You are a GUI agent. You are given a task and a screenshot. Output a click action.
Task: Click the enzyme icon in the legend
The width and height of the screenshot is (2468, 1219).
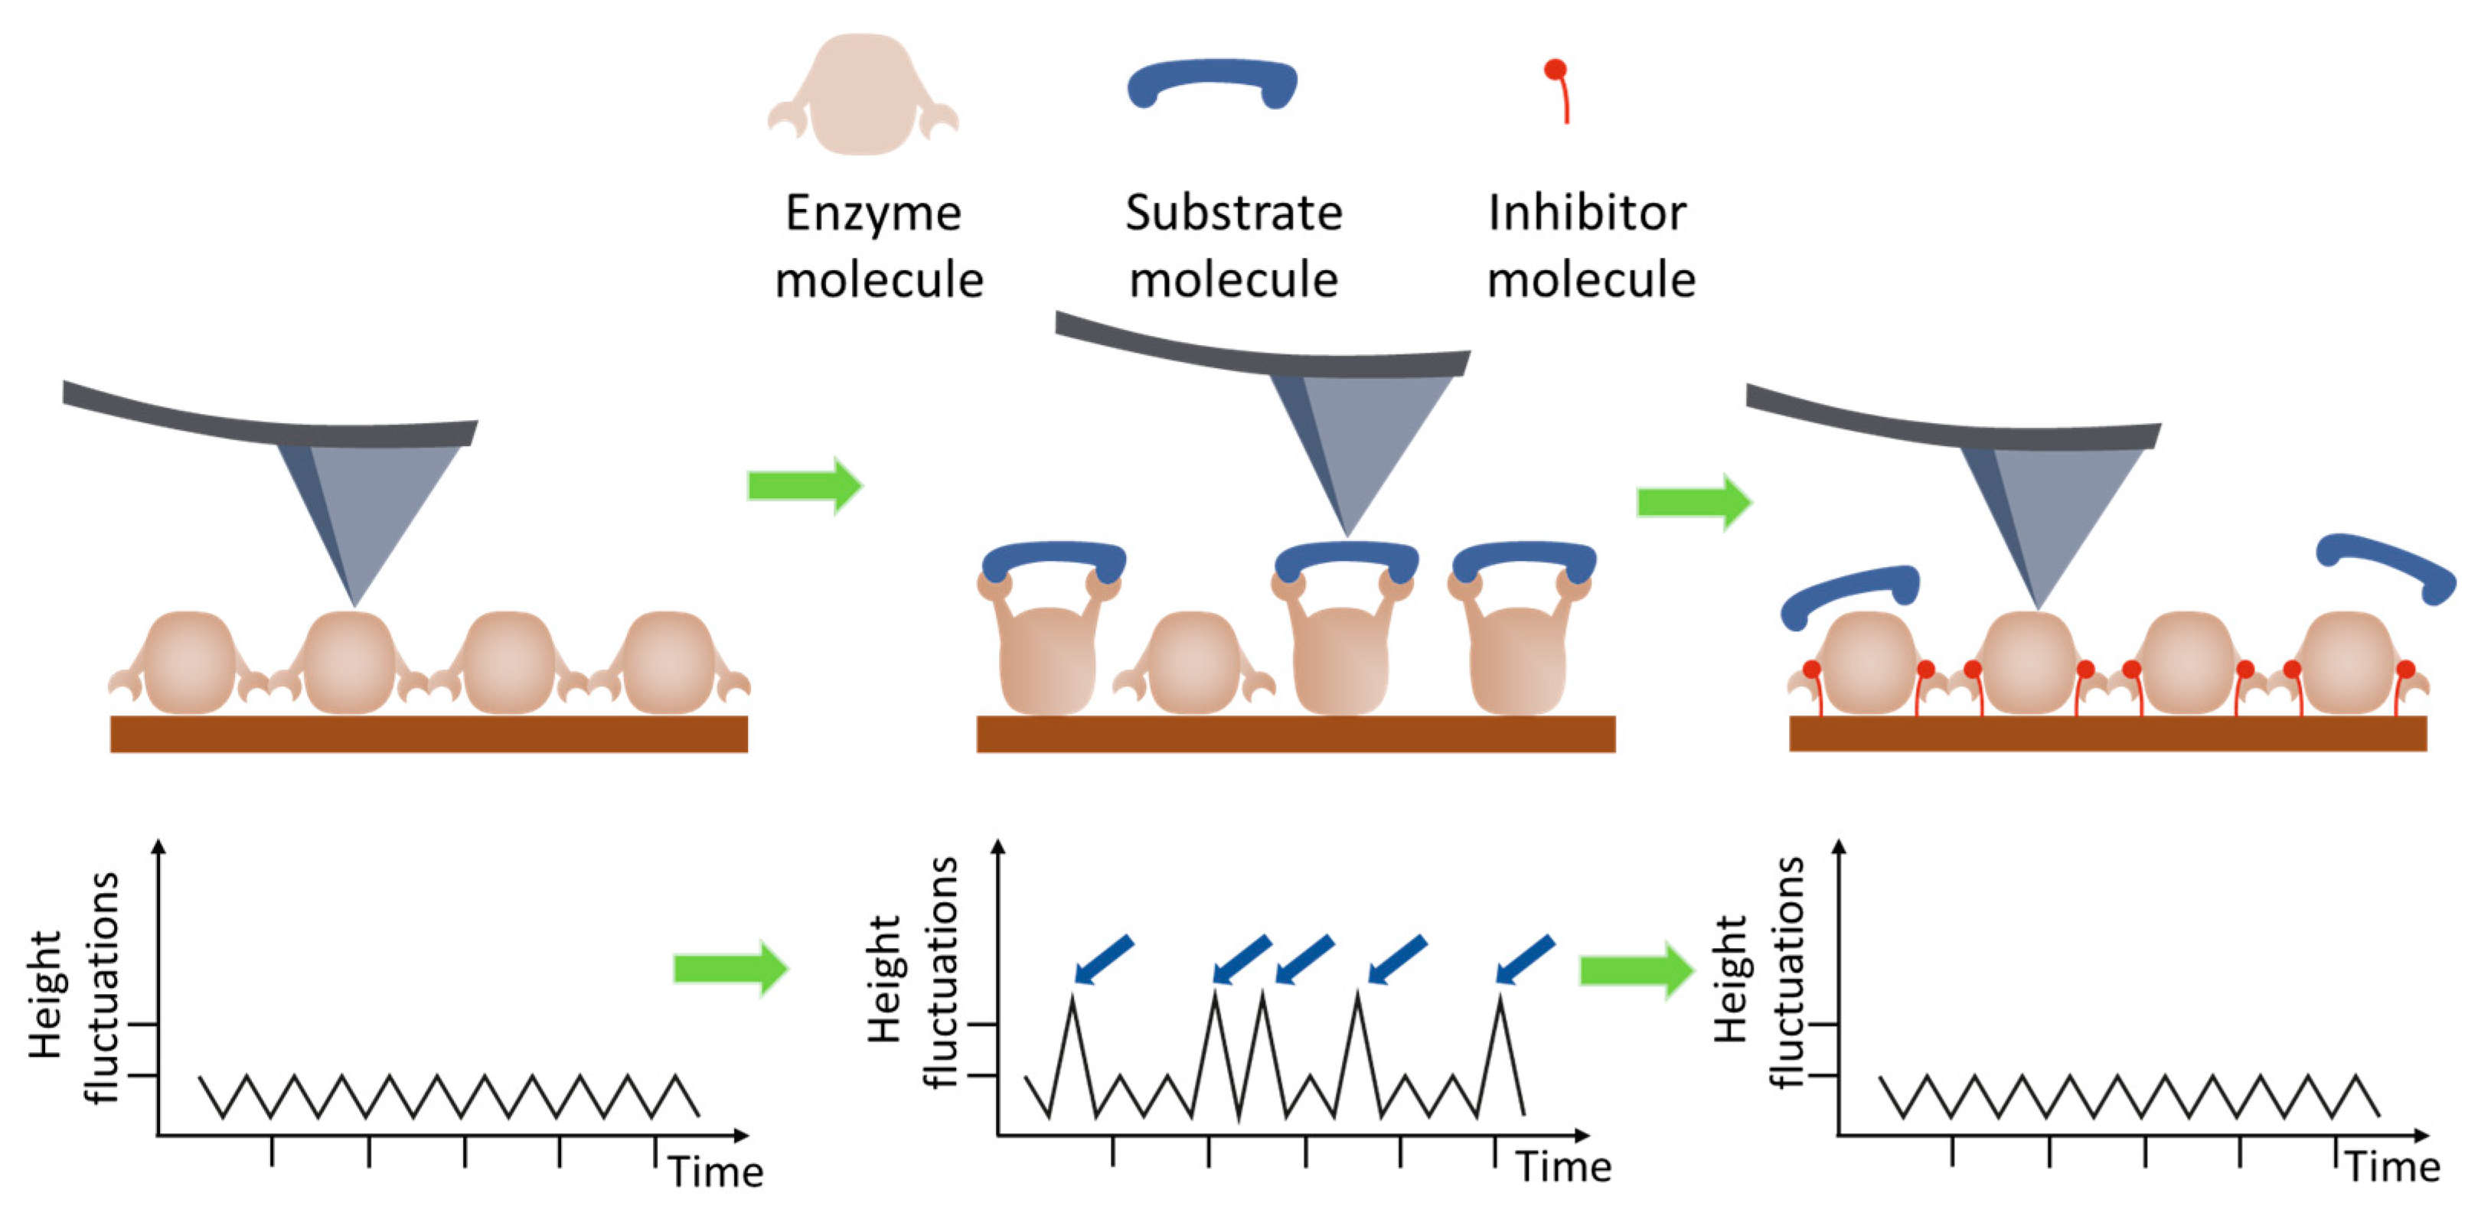click(x=862, y=96)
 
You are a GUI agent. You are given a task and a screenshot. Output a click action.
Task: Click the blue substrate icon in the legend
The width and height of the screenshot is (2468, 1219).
click(x=1213, y=81)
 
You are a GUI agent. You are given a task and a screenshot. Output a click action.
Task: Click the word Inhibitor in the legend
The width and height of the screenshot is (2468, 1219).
click(x=1587, y=213)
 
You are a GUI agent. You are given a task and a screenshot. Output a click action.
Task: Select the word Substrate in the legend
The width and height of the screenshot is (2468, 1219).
click(x=1233, y=213)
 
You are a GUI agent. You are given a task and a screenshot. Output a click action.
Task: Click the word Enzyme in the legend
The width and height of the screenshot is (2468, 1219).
click(x=873, y=213)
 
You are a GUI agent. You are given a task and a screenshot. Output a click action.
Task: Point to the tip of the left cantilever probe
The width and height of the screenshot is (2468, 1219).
click(x=355, y=603)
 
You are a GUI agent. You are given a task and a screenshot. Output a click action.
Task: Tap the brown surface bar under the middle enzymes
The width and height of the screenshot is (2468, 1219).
click(x=1295, y=734)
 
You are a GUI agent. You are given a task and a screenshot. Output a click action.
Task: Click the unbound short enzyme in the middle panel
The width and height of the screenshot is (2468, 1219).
click(x=1193, y=663)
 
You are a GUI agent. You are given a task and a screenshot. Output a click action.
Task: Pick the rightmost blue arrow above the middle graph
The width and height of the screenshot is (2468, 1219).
click(x=1524, y=960)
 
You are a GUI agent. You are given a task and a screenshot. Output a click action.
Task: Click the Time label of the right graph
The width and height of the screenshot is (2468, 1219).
click(x=2392, y=1167)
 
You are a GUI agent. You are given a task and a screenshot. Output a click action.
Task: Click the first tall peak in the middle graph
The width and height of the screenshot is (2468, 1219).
click(x=1072, y=1001)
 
